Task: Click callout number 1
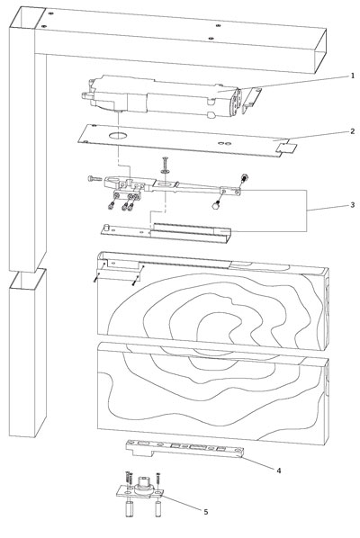coord(352,76)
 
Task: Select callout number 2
coord(352,131)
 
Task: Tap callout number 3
coord(352,205)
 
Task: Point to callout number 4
coord(279,471)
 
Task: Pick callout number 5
coord(205,512)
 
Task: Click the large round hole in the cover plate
coord(118,136)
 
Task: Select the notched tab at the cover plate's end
coord(287,148)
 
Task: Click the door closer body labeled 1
coord(161,97)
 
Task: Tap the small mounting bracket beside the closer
coord(252,100)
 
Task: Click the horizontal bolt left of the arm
coord(95,178)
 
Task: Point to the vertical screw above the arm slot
coord(165,165)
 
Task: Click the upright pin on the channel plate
coord(107,227)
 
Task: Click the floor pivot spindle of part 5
coord(143,484)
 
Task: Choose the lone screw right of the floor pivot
coord(157,479)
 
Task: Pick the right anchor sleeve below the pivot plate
coord(158,509)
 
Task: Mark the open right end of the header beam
coord(320,51)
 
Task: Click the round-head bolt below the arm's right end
coord(216,205)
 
